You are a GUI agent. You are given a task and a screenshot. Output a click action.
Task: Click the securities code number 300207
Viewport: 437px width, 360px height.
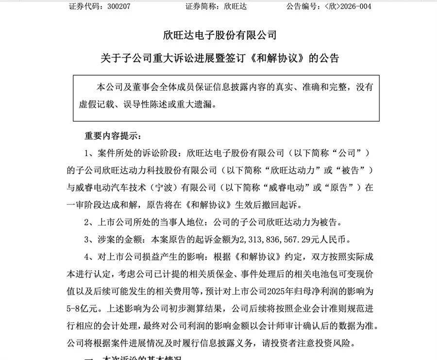click(117, 6)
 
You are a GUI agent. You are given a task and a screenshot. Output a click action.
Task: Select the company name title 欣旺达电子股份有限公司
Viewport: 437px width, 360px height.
click(219, 35)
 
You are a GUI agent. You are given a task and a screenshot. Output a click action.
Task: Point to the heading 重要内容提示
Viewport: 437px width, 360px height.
click(111, 134)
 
